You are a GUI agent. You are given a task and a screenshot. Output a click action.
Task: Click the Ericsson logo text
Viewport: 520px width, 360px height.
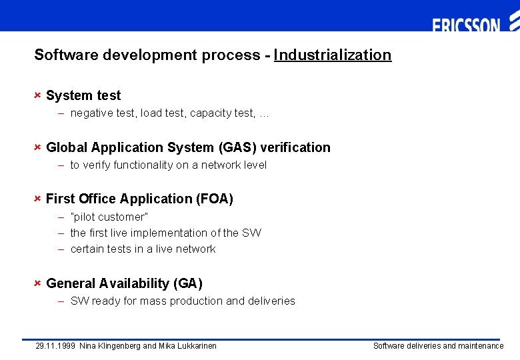click(x=466, y=25)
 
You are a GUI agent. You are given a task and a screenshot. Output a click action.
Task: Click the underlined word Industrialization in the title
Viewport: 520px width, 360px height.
click(x=332, y=55)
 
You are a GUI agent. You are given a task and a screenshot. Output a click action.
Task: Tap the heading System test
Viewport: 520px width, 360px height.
click(x=83, y=95)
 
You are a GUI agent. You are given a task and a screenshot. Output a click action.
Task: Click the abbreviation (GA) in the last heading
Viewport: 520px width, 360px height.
click(x=187, y=283)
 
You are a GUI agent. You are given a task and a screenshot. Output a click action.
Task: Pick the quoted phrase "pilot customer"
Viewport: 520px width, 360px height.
click(x=109, y=217)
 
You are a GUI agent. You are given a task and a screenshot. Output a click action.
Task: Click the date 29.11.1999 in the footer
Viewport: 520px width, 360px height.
click(x=55, y=345)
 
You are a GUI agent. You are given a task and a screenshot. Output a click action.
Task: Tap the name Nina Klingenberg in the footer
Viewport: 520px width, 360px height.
click(x=110, y=345)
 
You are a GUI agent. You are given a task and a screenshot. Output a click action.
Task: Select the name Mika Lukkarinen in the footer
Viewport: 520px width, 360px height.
click(x=187, y=345)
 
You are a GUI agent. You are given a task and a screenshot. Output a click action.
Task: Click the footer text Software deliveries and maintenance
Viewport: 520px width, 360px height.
click(x=438, y=345)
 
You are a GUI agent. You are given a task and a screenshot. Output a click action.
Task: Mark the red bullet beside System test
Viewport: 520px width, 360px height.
click(x=38, y=95)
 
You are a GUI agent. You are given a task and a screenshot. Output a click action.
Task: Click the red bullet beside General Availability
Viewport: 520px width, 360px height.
click(x=38, y=283)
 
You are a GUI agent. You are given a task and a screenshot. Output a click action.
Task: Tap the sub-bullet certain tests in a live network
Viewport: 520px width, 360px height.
click(x=143, y=249)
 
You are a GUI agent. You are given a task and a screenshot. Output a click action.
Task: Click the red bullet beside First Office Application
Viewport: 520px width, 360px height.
click(x=38, y=199)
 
